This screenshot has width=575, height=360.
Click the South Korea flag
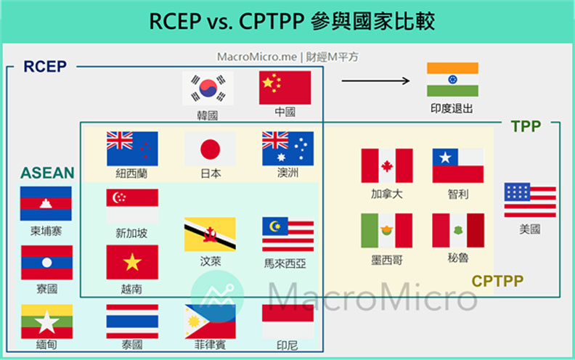(208, 89)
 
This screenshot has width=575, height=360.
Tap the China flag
(285, 88)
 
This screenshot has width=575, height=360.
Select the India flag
(452, 79)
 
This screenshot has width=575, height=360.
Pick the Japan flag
(210, 150)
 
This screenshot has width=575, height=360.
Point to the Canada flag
(387, 166)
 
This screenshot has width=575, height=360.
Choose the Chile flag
(457, 166)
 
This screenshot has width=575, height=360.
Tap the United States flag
(530, 201)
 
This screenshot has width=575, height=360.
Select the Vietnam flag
(132, 262)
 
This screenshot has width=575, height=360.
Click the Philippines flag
(210, 322)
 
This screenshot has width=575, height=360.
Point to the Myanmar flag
(46, 322)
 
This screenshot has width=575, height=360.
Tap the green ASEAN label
(47, 173)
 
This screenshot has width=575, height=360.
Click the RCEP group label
(45, 67)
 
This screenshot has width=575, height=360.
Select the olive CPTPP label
(498, 280)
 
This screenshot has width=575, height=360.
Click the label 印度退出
(452, 109)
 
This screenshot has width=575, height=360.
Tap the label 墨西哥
(386, 258)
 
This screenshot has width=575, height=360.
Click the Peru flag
(457, 231)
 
